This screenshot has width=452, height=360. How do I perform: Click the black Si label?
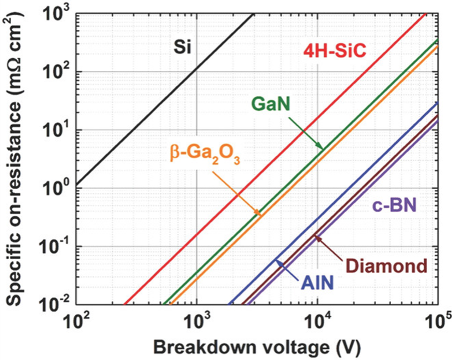point(182,47)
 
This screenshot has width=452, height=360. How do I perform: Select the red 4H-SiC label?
point(335,52)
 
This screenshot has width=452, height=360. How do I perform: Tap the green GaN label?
point(271,105)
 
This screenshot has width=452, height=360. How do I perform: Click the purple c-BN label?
point(394,206)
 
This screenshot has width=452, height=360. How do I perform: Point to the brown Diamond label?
point(386,266)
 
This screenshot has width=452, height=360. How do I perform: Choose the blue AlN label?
point(318,283)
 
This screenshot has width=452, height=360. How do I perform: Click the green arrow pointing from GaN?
point(306,133)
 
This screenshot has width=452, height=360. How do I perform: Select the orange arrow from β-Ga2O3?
point(237,194)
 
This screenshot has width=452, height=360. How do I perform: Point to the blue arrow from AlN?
point(286,270)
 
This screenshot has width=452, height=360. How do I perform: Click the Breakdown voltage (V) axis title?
point(257,348)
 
